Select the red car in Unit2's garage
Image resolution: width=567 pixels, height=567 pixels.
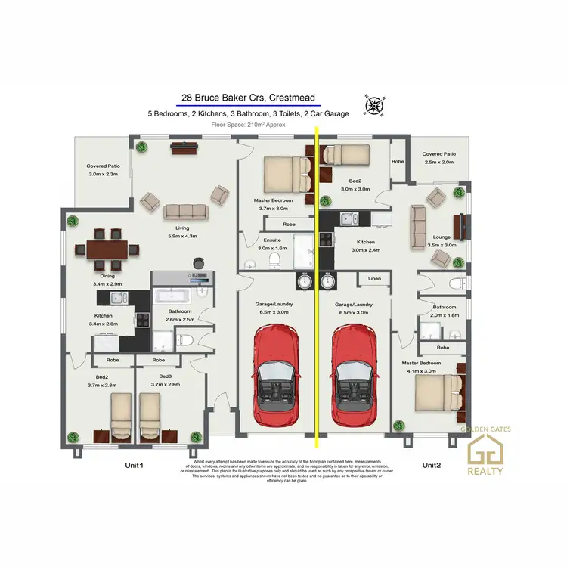(x=355, y=373)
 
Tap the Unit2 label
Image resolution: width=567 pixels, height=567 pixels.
(x=431, y=465)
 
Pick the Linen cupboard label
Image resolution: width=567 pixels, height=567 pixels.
(x=375, y=279)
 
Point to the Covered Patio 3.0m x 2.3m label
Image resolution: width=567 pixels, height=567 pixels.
(x=104, y=170)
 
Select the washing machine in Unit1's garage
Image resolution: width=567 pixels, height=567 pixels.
(x=304, y=281)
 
